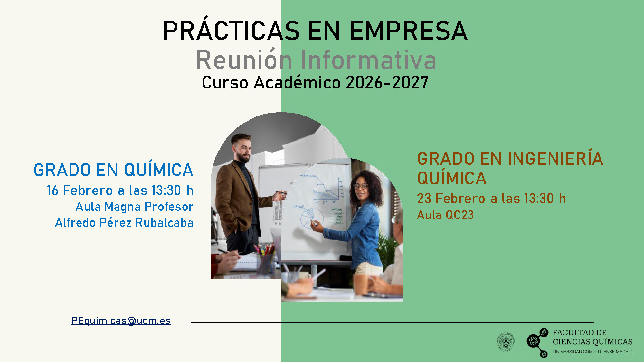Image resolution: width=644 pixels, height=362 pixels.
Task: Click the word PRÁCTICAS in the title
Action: click(x=231, y=31)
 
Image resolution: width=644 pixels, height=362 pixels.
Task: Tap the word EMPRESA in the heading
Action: click(x=408, y=31)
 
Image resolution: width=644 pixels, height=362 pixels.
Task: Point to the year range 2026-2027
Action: click(x=387, y=83)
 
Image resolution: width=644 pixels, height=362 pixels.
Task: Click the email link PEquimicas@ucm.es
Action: click(x=121, y=320)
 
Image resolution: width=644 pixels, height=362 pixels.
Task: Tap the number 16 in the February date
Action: click(x=52, y=190)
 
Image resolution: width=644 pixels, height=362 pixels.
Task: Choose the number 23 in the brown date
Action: click(x=424, y=199)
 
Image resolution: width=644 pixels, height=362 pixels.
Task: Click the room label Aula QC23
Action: click(x=445, y=215)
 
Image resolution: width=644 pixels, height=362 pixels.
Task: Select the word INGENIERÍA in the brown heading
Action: click(x=555, y=159)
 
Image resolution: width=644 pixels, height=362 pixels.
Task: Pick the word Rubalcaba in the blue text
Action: click(x=164, y=223)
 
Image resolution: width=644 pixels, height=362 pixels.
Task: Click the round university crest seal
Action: click(x=506, y=341)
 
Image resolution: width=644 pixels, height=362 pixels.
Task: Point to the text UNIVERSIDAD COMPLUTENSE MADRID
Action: click(x=592, y=352)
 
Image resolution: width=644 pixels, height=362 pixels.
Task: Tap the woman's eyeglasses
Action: click(x=360, y=186)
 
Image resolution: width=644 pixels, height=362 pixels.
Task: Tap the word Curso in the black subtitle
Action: click(x=225, y=83)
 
